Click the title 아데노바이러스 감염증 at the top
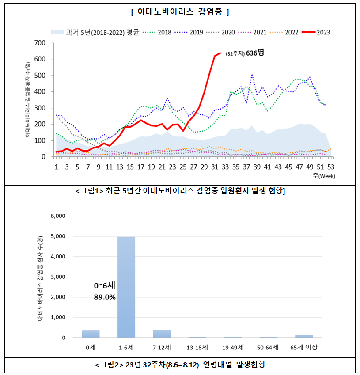[180, 12]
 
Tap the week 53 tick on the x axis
[330, 167]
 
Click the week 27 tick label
[193, 167]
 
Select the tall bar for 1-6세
[126, 287]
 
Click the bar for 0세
[91, 334]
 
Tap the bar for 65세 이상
[304, 336]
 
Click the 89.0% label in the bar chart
[105, 297]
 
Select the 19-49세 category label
[233, 347]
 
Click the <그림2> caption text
[180, 365]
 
